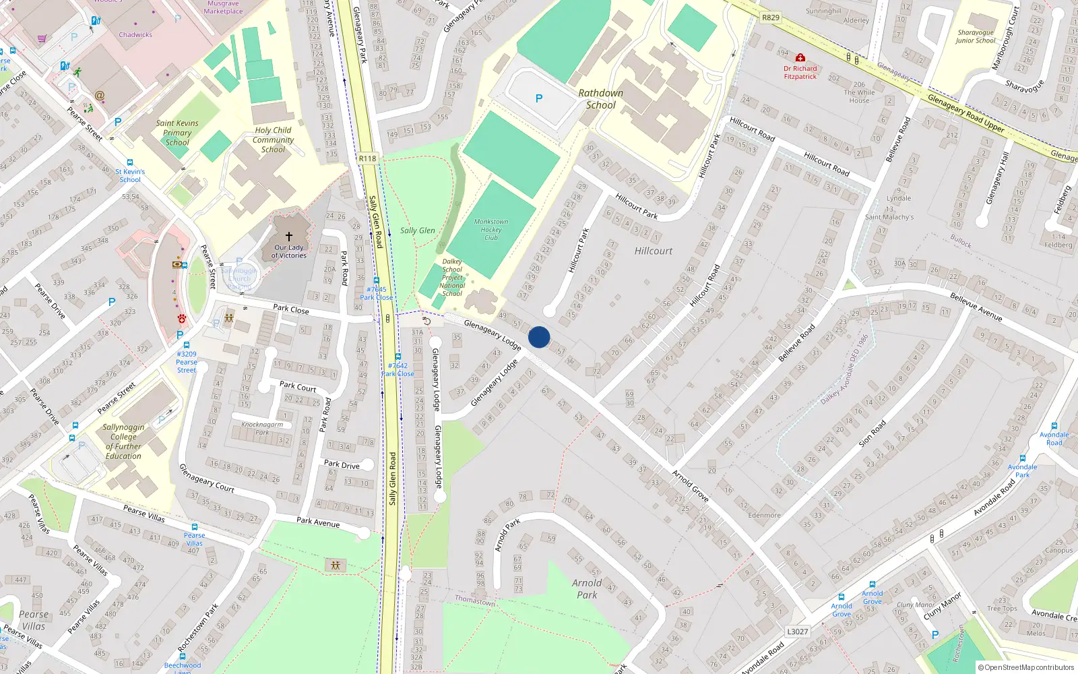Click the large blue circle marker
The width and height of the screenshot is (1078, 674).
tap(539, 337)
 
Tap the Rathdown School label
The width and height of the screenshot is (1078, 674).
tap(600, 99)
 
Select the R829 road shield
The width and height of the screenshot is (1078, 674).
tap(770, 18)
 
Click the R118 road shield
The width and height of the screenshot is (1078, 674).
tap(367, 158)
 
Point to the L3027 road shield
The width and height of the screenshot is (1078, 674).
tap(797, 632)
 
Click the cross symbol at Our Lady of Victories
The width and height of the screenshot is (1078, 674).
tap(289, 237)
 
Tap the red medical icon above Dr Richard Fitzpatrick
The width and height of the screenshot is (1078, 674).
tap(800, 58)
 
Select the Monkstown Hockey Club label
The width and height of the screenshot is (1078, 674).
tap(491, 229)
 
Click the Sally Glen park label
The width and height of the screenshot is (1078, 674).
tap(418, 231)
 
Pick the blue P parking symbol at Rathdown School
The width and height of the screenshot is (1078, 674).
tap(539, 98)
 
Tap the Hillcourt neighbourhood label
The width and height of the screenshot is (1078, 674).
tap(654, 251)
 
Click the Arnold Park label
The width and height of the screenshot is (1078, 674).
tap(587, 588)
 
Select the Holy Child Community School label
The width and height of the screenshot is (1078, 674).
tap(273, 140)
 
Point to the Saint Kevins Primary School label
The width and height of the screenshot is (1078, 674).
tap(177, 133)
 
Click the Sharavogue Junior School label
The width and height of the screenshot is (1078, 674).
tap(975, 36)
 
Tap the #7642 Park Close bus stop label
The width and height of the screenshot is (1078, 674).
tap(398, 369)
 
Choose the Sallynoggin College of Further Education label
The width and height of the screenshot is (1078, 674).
tap(123, 441)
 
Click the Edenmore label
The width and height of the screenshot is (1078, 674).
tap(764, 515)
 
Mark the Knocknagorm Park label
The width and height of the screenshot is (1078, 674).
tap(262, 428)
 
